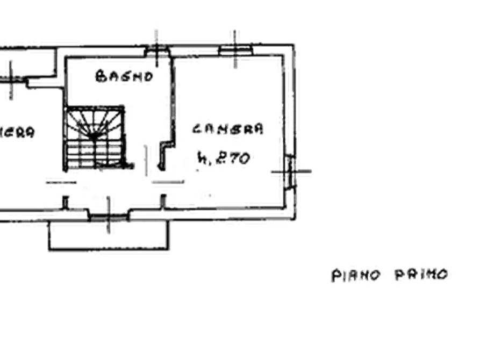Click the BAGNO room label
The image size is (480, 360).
[x=123, y=77]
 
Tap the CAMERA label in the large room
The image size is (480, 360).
[x=229, y=129]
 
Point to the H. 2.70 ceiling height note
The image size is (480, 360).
[x=224, y=159]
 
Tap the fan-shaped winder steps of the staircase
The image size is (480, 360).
[x=94, y=123]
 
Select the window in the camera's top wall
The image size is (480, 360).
[x=235, y=49]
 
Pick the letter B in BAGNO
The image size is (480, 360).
[x=100, y=77]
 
